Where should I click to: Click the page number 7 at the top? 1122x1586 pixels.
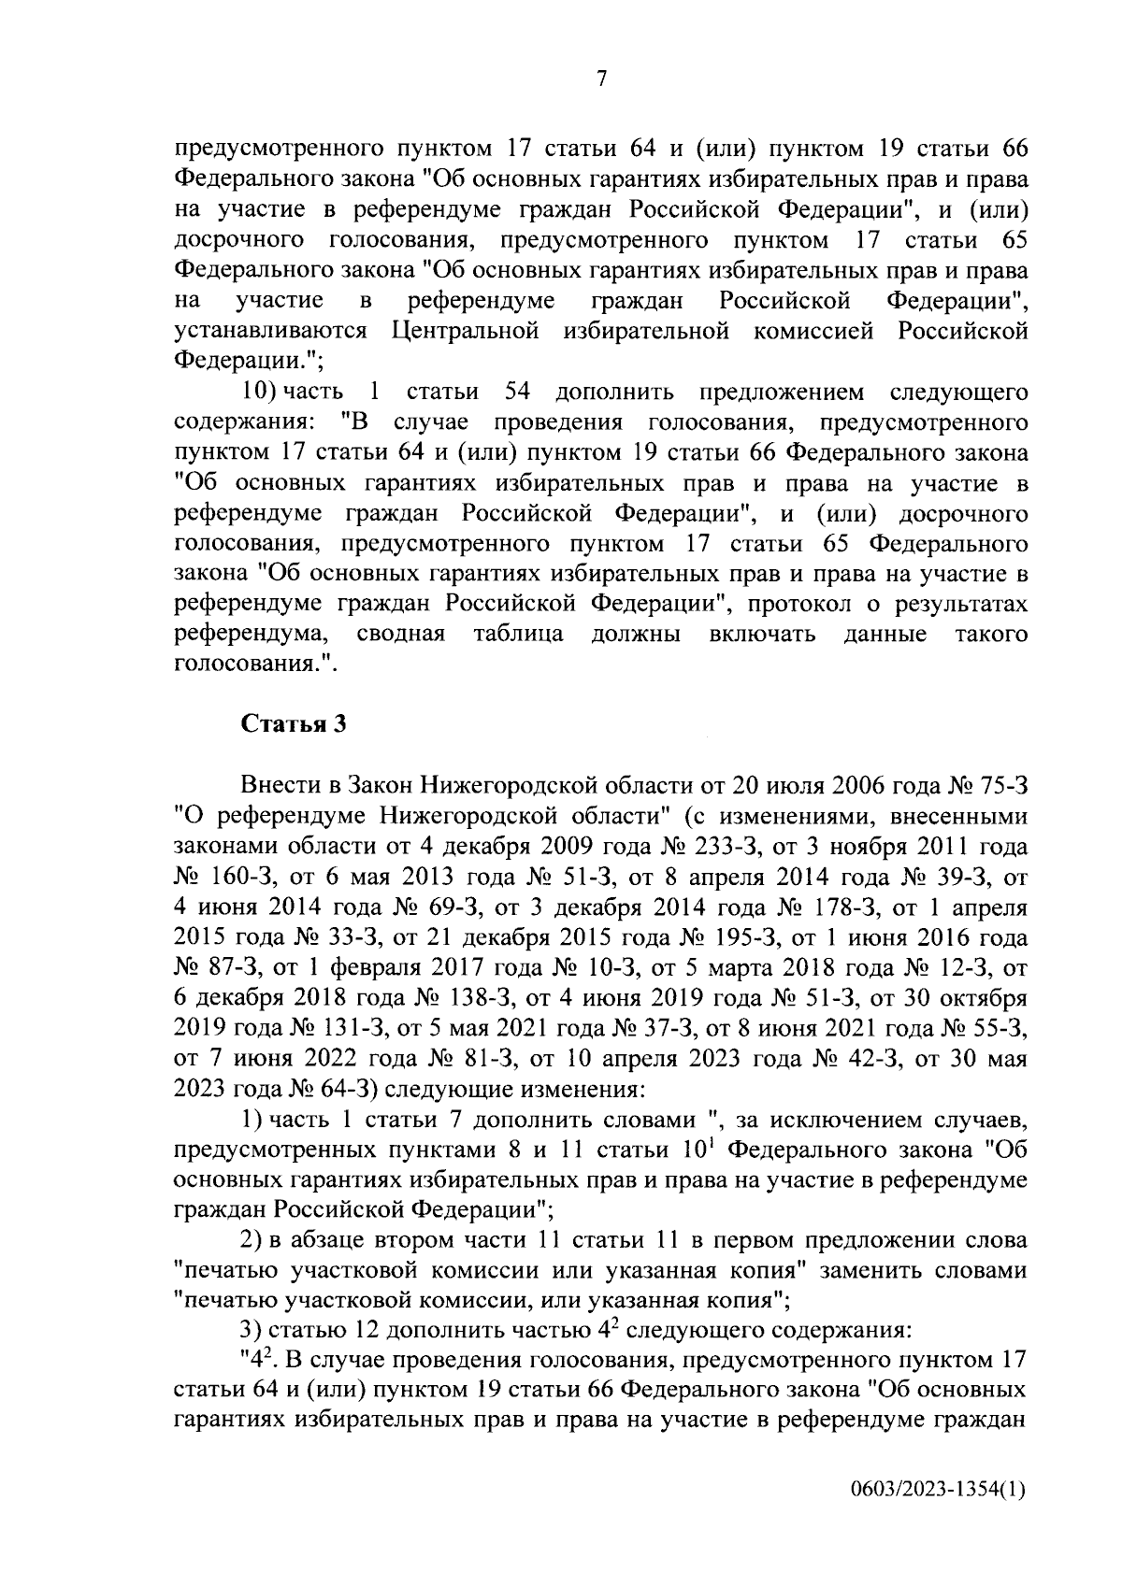click(x=601, y=80)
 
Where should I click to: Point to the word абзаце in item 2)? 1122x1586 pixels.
click(x=324, y=1240)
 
